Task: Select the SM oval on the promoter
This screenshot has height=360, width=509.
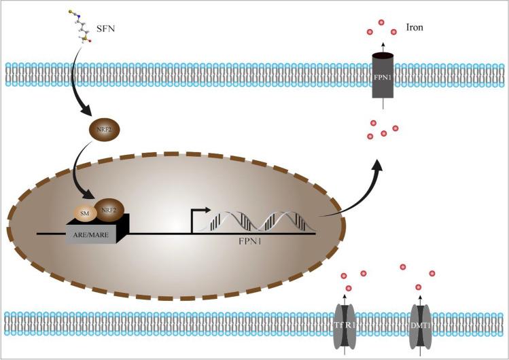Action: click(x=85, y=215)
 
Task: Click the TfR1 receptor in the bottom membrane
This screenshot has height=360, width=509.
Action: click(x=348, y=323)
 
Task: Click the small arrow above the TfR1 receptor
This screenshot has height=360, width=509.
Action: click(x=348, y=293)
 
